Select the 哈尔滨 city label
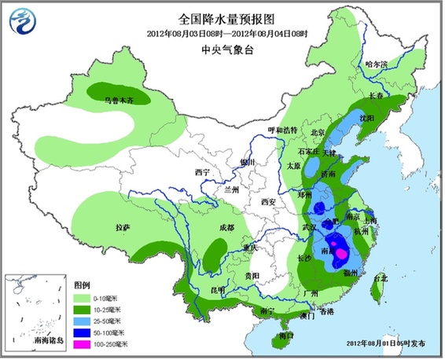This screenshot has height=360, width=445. click(x=377, y=64)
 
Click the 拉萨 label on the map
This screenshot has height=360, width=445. click(x=123, y=228)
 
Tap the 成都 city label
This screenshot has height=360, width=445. click(x=227, y=228)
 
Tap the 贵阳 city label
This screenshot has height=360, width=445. click(x=252, y=277)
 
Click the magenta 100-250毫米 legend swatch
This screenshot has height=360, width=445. click(x=82, y=343)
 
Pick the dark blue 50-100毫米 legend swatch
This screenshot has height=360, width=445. click(x=82, y=332)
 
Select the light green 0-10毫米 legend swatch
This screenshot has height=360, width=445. click(x=82, y=299)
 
